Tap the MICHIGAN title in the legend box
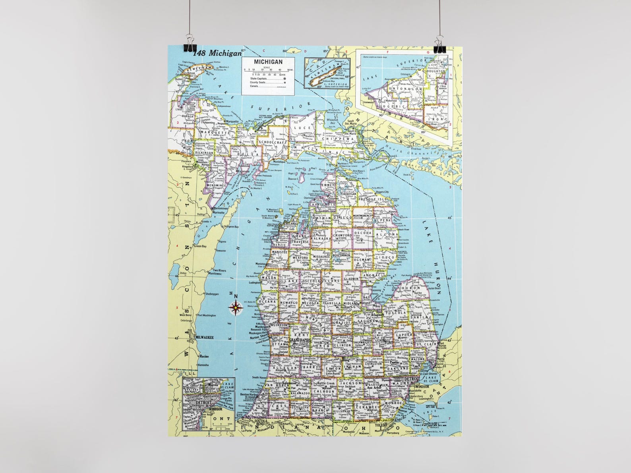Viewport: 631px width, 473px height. [x=268, y=62]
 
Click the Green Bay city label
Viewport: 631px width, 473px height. [x=200, y=246]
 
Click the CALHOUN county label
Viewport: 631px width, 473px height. [x=323, y=391]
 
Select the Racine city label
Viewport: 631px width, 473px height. [x=204, y=356]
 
